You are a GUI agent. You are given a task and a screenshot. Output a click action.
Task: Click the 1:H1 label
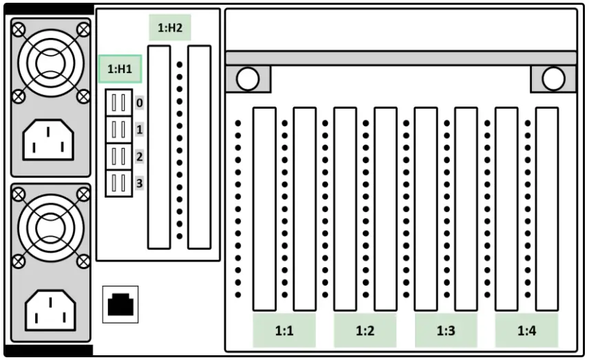(x=120, y=69)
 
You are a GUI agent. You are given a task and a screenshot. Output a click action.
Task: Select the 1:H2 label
(x=170, y=28)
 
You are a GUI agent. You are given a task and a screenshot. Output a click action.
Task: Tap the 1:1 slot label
(x=284, y=331)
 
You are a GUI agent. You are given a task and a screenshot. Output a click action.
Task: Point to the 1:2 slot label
(x=365, y=331)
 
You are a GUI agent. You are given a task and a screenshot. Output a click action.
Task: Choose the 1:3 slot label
(x=446, y=331)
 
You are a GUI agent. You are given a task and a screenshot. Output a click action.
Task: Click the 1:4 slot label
(x=526, y=331)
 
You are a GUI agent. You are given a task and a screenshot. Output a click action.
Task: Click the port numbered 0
(x=118, y=103)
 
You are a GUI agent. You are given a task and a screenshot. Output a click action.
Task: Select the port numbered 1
(x=118, y=129)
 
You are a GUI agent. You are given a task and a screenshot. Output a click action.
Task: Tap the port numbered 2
(x=118, y=156)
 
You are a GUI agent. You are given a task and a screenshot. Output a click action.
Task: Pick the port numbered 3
(x=118, y=182)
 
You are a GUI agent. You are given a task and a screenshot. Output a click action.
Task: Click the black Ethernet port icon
(x=120, y=304)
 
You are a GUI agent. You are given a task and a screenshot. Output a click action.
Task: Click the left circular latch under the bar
(x=248, y=80)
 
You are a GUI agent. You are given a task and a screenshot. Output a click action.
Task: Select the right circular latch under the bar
(x=553, y=80)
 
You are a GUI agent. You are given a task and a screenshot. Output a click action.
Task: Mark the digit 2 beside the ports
(x=140, y=157)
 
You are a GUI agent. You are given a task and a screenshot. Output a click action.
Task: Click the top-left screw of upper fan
(x=19, y=29)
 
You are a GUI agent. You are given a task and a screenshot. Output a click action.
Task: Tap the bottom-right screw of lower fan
(x=84, y=260)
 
